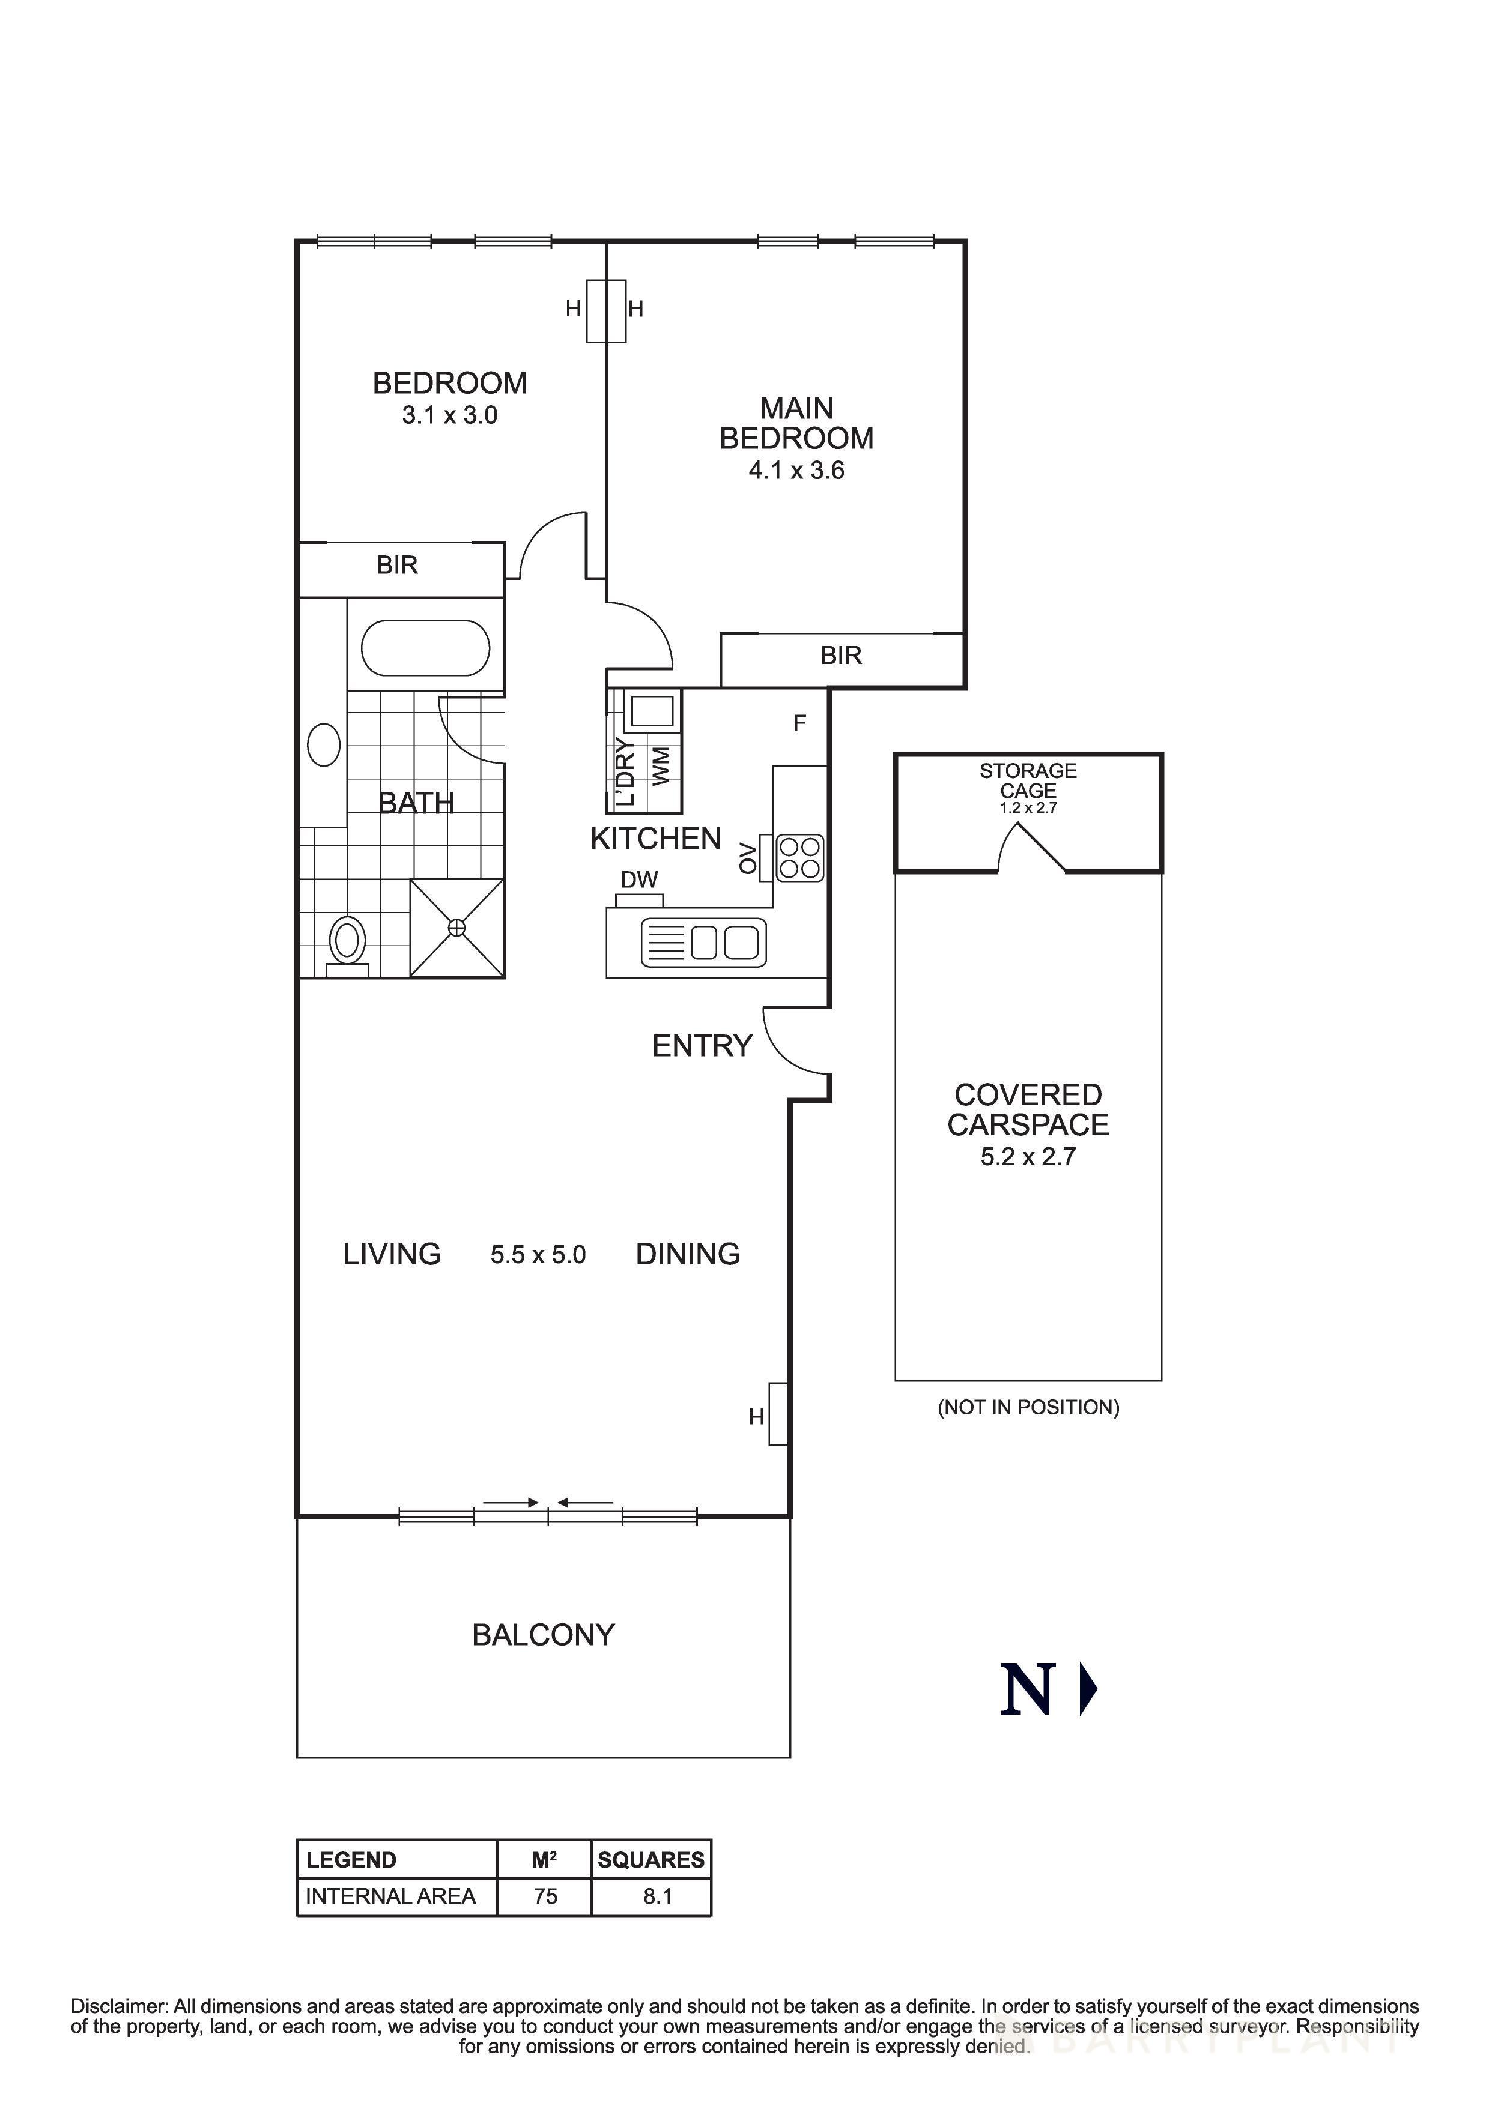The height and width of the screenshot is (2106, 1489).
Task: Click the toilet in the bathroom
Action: (x=347, y=942)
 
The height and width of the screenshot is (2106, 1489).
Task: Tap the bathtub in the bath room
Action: (x=426, y=648)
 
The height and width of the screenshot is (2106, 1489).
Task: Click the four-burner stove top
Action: (x=800, y=858)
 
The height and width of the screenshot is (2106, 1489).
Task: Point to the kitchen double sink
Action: (x=725, y=942)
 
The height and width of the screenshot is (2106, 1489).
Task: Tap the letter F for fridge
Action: (x=799, y=723)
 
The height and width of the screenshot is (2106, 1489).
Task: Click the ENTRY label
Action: (x=702, y=1046)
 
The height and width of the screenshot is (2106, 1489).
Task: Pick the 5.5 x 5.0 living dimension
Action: (x=538, y=1255)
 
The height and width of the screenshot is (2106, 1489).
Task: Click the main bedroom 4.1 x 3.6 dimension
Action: (x=796, y=471)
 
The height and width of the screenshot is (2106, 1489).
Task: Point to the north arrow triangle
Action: (x=1088, y=1689)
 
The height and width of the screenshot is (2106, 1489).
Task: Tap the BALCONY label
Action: (x=543, y=1635)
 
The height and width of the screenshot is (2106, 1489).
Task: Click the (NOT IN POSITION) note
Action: (x=1028, y=1407)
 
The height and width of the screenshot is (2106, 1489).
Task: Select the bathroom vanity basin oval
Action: (x=324, y=745)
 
